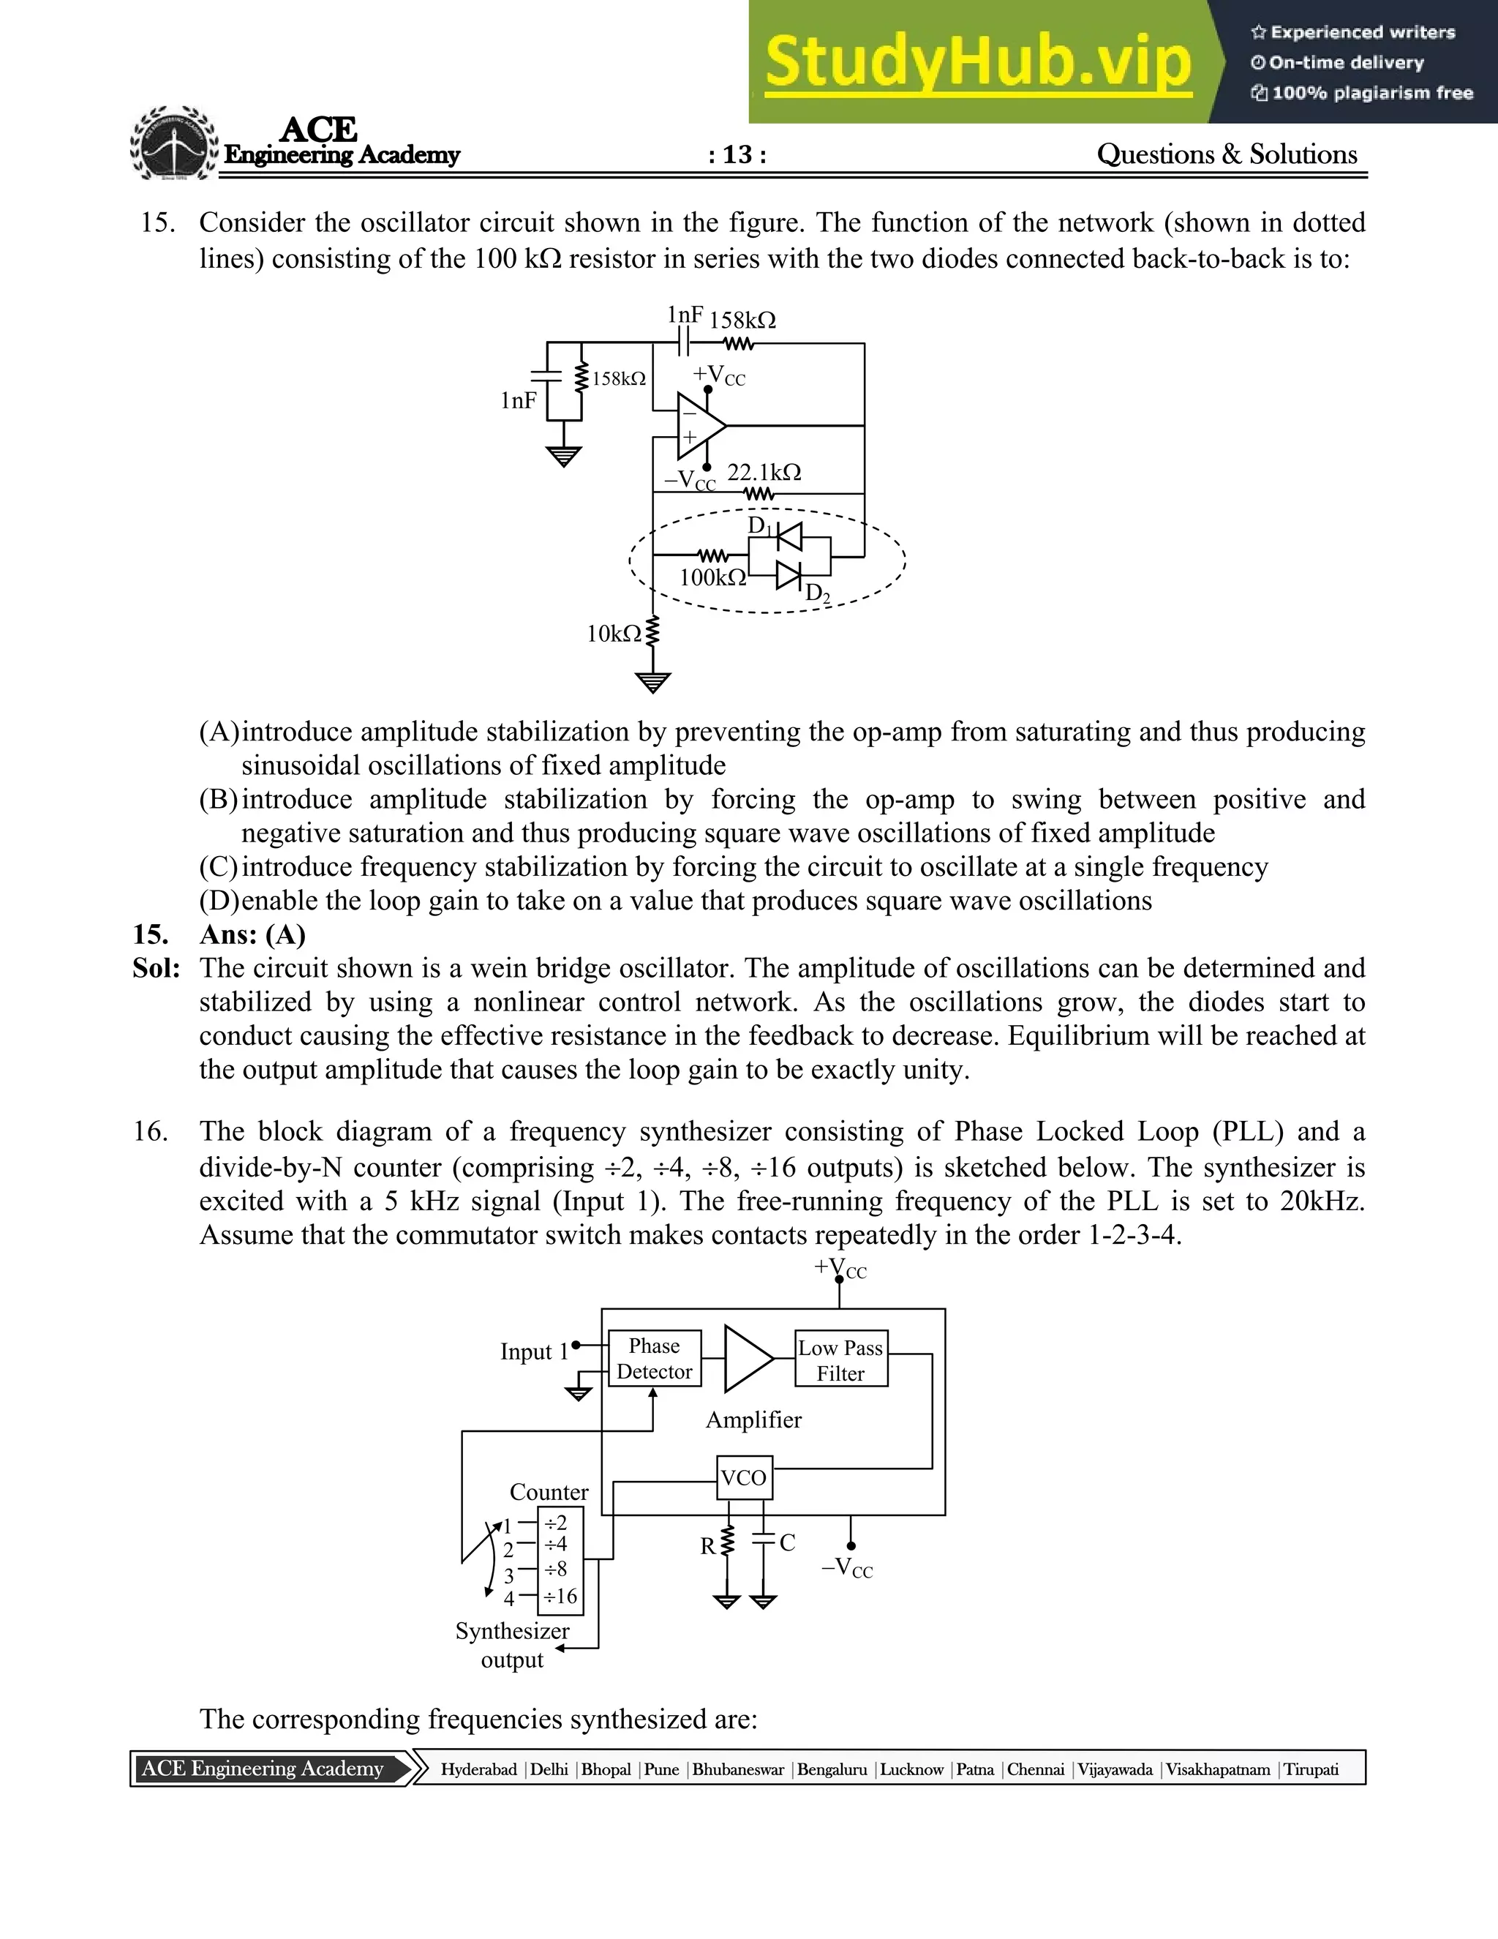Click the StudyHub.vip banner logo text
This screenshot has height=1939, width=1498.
[x=977, y=62]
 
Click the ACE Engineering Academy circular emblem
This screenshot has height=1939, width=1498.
[x=175, y=145]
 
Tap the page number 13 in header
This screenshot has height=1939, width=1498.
[x=737, y=154]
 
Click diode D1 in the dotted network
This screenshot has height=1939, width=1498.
[x=787, y=537]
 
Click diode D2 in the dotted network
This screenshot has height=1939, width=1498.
[x=787, y=575]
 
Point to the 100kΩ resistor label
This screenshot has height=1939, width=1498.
[x=712, y=578]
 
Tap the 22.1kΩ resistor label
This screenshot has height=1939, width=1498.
[x=764, y=473]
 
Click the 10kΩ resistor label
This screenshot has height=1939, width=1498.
[x=613, y=634]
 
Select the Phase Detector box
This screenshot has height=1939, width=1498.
[x=654, y=1358]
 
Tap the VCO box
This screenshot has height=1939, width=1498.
[x=744, y=1478]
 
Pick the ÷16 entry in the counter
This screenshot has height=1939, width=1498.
[x=560, y=1597]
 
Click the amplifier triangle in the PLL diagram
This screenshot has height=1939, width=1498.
[x=746, y=1358]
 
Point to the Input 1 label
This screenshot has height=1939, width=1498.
[x=533, y=1352]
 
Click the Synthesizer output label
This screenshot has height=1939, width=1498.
[x=512, y=1645]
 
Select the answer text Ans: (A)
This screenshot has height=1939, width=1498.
[x=252, y=935]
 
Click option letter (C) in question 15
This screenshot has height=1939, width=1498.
[x=218, y=866]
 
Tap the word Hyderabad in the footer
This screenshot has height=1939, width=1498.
[x=478, y=1769]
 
